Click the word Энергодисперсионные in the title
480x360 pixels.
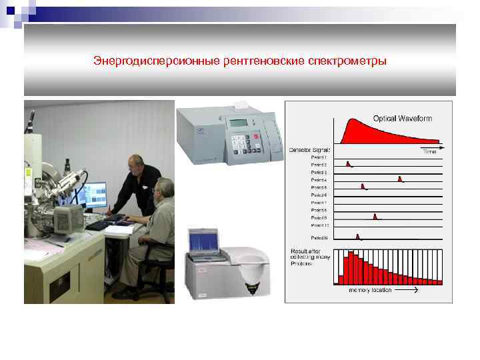[147, 61]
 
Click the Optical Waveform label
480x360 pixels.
[402, 118]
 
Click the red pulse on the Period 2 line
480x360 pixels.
[349, 163]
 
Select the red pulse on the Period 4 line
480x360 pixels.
[399, 179]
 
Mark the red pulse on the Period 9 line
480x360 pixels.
[375, 216]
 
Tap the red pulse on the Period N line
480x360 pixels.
[358, 236]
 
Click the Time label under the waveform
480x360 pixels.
[429, 152]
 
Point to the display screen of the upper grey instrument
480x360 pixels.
[238, 123]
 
